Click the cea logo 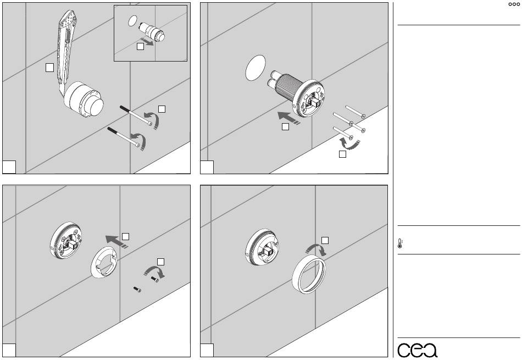[x=418, y=350]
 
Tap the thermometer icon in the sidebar [x=400, y=243]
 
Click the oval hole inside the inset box [x=132, y=21]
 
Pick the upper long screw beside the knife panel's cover [x=136, y=115]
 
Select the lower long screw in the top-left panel [x=124, y=136]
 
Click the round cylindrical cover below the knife [x=84, y=99]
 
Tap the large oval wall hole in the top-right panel [x=256, y=68]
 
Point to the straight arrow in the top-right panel [x=288, y=118]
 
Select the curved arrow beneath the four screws [x=349, y=143]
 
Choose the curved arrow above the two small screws [x=154, y=270]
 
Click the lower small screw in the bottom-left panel [x=137, y=290]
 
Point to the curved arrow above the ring [x=316, y=250]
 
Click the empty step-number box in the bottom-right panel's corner [x=207, y=350]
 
